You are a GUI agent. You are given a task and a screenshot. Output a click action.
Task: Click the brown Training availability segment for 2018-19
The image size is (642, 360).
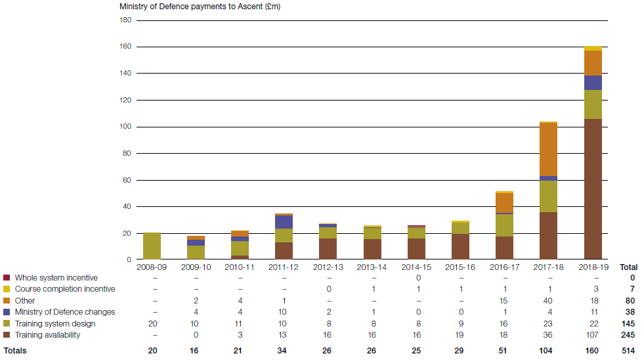point(593,189)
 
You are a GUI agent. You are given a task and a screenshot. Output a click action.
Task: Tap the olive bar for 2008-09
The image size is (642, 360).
point(152,246)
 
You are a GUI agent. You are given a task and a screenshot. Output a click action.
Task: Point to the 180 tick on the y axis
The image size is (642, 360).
point(125,20)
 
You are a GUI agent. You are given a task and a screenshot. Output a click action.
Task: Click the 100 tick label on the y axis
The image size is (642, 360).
point(125,127)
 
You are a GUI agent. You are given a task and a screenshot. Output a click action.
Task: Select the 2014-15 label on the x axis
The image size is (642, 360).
point(416,267)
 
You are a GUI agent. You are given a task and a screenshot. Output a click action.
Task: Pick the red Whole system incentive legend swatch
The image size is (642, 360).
point(7,278)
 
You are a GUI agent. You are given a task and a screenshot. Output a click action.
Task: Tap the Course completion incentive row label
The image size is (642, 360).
point(64,289)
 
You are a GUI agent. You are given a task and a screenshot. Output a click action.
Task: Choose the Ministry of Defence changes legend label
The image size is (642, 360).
point(64,312)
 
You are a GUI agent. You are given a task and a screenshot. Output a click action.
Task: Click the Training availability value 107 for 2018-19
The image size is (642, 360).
point(593,335)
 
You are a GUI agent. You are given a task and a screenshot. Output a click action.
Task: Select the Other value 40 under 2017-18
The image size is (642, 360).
point(548,301)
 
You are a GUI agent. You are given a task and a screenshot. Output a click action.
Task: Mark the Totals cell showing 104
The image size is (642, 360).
point(548,351)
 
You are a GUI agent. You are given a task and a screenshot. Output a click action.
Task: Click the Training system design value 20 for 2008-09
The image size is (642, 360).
point(152,324)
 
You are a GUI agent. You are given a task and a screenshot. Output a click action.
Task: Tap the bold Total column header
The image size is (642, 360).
point(629,267)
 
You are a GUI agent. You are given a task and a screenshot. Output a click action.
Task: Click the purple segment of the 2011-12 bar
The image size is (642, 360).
point(284,222)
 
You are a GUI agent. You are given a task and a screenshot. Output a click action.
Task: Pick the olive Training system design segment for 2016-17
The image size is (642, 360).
point(504,225)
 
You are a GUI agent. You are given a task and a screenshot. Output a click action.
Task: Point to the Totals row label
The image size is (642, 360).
point(15,351)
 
